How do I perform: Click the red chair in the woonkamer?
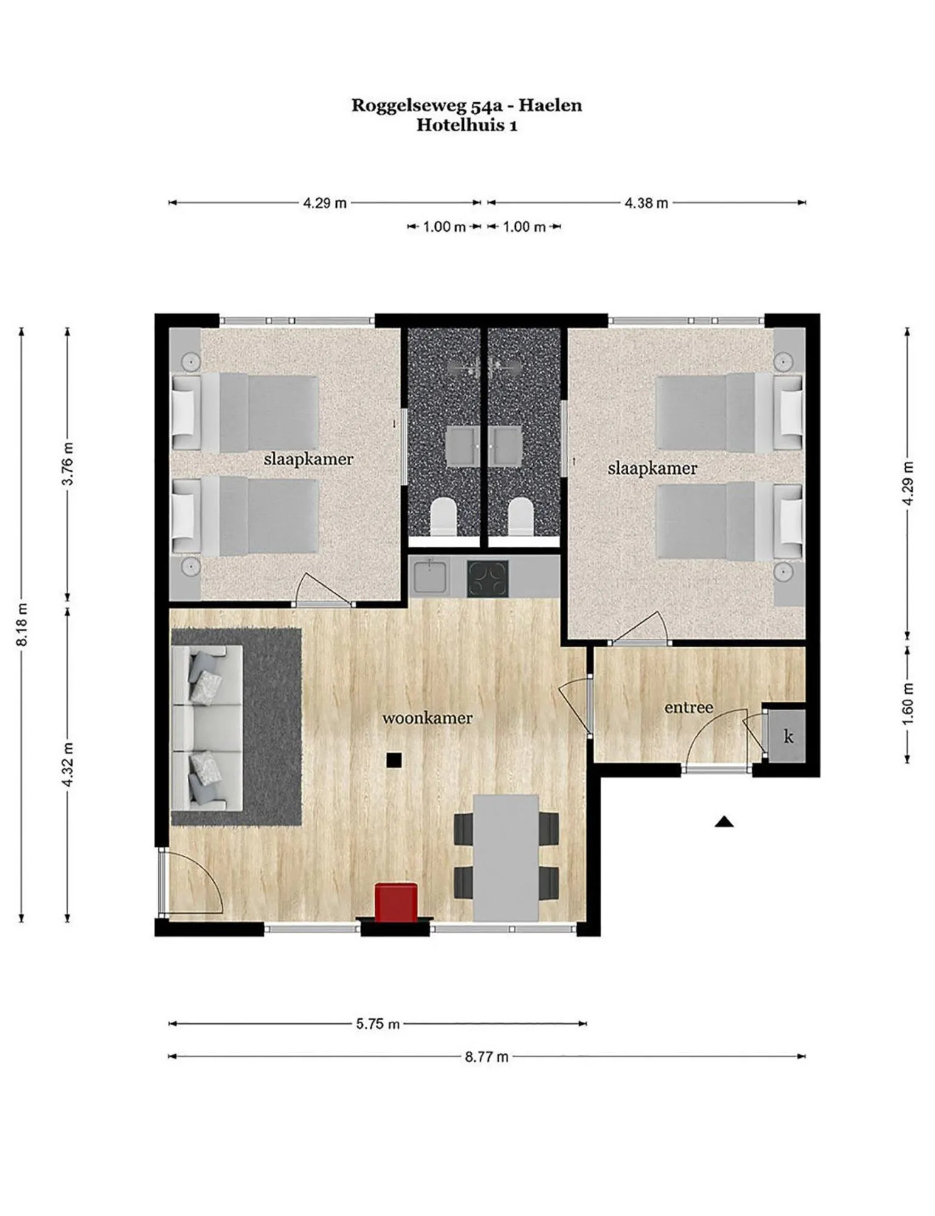[x=396, y=902]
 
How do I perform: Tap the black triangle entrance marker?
[x=723, y=822]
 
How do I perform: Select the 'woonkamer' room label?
[x=427, y=718]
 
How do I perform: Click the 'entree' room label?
[x=688, y=707]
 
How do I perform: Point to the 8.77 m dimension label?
[x=486, y=1057]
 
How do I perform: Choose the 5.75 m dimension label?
[x=378, y=1024]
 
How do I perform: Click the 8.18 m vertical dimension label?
[x=22, y=624]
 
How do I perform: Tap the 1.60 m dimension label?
[x=908, y=704]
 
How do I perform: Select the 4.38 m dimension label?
[x=646, y=203]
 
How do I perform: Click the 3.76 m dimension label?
[x=67, y=463]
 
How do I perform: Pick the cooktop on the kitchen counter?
[x=488, y=578]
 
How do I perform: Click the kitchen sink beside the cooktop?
[x=430, y=577]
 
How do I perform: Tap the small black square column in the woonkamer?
[x=394, y=759]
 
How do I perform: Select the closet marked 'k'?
[x=788, y=737]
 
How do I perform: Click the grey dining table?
[x=506, y=857]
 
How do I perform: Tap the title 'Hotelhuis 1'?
[x=466, y=125]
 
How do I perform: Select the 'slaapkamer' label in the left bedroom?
[x=308, y=459]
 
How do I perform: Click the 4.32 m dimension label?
[x=67, y=764]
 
